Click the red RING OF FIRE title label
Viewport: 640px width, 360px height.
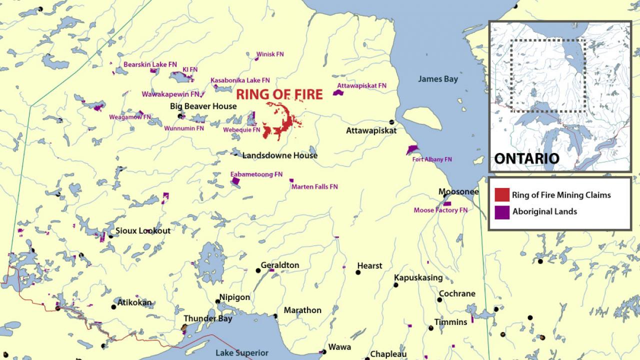click(279, 94)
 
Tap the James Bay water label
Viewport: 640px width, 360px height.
click(437, 79)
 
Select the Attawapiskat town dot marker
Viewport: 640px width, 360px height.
click(391, 122)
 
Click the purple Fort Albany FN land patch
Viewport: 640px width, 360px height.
click(412, 149)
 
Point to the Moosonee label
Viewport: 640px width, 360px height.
click(458, 192)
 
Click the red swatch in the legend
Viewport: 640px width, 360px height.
click(502, 195)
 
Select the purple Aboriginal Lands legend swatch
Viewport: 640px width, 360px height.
click(502, 212)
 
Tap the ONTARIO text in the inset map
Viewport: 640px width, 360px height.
click(526, 159)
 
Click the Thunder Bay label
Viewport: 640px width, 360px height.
click(207, 318)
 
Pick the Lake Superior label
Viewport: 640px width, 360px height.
click(242, 353)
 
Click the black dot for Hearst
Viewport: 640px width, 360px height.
click(358, 272)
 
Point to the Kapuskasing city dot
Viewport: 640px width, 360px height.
click(395, 285)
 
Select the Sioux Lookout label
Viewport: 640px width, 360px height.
click(142, 231)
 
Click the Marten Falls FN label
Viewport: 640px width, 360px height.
click(314, 187)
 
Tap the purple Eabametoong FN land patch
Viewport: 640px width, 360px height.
click(235, 181)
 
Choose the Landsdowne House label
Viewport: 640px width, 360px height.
click(279, 155)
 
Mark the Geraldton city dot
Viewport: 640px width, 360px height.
click(258, 270)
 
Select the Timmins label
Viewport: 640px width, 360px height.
click(450, 322)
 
